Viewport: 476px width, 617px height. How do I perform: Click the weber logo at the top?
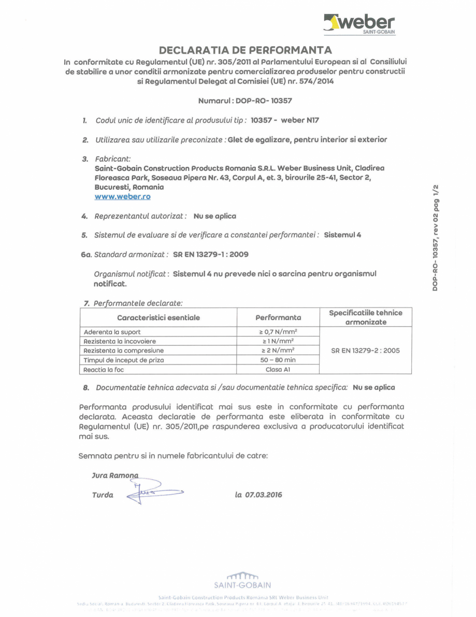tap(359, 24)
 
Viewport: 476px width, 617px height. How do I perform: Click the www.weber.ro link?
tap(122, 197)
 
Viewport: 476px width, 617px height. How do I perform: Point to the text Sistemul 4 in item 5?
tap(342, 235)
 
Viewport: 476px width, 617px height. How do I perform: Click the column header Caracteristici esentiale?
tap(158, 317)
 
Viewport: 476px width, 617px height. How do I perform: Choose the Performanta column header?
tap(278, 317)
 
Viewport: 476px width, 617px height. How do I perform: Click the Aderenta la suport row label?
tap(112, 332)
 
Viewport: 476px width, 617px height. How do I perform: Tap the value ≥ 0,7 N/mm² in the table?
tap(278, 332)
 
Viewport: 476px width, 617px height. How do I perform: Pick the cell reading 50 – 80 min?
tap(278, 360)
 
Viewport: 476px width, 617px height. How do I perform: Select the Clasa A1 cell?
tap(278, 369)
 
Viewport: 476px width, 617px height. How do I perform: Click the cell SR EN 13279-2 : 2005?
tap(365, 350)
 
